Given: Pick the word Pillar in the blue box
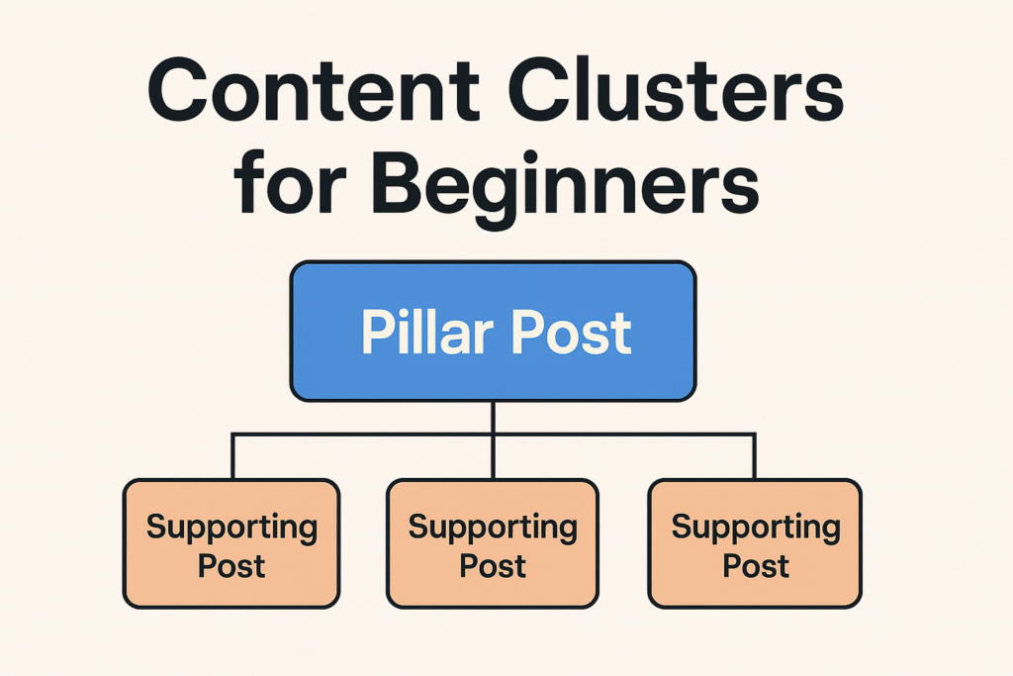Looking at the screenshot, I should (x=424, y=333).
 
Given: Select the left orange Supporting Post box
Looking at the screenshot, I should (x=231, y=543).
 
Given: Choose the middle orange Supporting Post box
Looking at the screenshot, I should (x=493, y=543).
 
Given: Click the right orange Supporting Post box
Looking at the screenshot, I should (x=755, y=543).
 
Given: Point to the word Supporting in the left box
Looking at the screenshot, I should (x=231, y=528).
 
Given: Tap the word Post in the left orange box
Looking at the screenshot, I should (x=231, y=566).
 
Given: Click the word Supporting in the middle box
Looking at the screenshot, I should (x=493, y=528).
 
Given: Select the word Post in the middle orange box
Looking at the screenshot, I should (x=493, y=566).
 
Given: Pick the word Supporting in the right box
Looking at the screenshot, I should (x=755, y=528).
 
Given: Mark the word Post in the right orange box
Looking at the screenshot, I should (x=755, y=566).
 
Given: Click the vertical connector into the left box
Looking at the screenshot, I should (x=232, y=457).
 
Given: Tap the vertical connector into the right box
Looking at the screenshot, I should (x=755, y=457).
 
